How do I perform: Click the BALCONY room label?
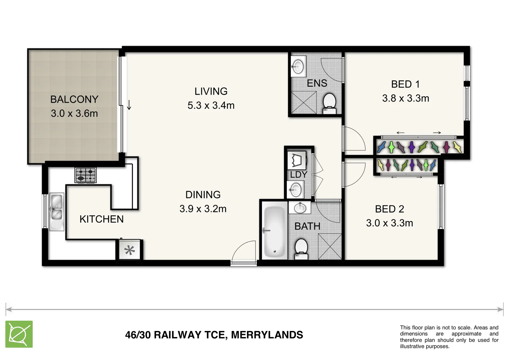point(74,99)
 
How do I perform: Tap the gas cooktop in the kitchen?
point(86,175)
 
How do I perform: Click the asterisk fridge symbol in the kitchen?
point(130,250)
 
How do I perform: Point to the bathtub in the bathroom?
point(274,232)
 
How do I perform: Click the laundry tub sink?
point(295,190)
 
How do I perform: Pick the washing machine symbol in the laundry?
point(297,160)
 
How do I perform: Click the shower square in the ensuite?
point(303,102)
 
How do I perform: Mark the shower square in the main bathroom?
point(330,246)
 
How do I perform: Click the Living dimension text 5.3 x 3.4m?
point(211,105)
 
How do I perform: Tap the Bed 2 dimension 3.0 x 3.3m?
point(389,223)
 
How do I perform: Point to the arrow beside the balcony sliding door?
point(129,105)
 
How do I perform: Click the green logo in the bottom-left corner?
point(19,334)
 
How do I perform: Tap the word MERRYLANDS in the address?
point(267,335)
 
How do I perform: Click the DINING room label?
point(203,195)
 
